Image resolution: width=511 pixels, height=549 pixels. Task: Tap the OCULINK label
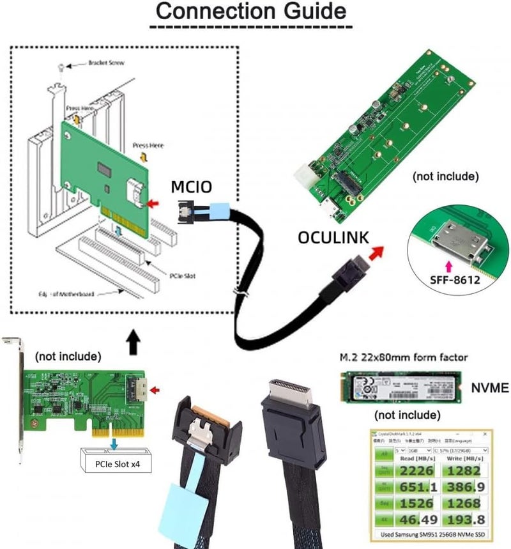tap(333, 237)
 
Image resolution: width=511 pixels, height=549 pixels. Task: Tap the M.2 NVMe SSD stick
tap(403, 387)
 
